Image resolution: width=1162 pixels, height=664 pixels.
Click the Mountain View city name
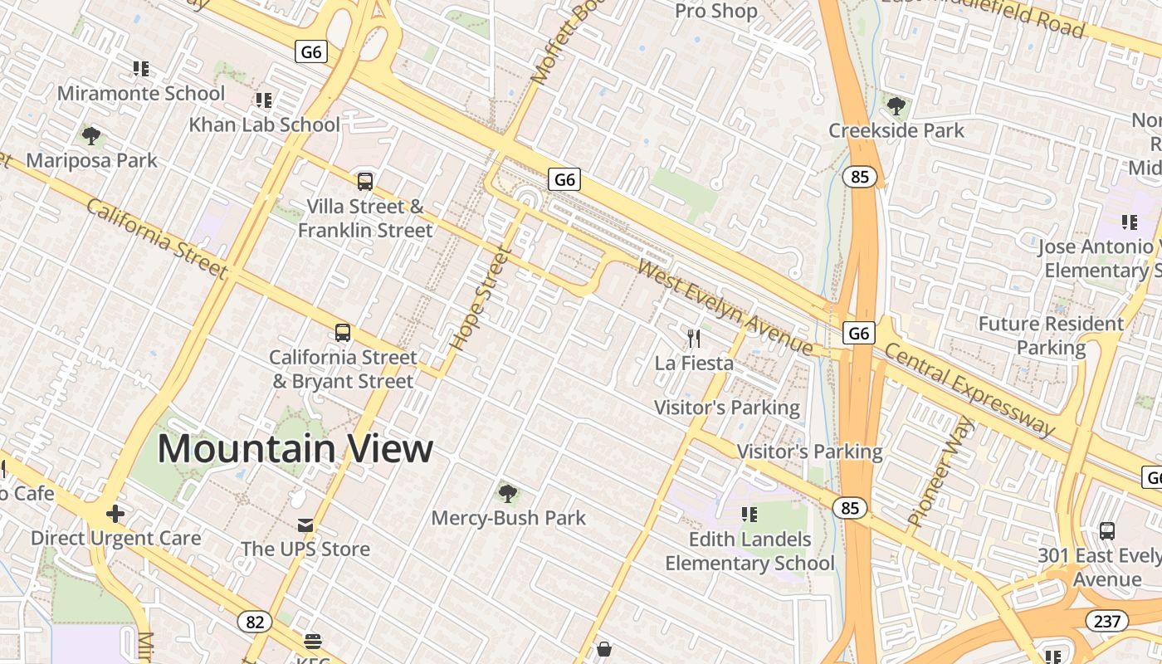[x=295, y=448]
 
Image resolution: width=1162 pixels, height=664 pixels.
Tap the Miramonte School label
[x=140, y=93]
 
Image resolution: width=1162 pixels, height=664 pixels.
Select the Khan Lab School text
[x=264, y=124]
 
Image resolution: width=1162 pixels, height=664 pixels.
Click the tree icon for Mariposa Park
[x=91, y=135]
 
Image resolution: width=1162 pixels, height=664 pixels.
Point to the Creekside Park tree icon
[x=896, y=105]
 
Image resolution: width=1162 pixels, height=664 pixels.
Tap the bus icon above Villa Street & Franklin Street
[x=364, y=181]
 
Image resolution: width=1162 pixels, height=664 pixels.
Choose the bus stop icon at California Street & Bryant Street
[x=343, y=333]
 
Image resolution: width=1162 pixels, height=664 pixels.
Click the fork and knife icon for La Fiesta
[x=694, y=338]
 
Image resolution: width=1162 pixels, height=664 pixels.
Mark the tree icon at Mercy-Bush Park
[x=507, y=494]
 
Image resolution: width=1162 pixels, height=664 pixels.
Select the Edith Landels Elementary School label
[x=749, y=551]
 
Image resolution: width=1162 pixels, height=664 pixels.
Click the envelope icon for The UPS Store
[x=305, y=525]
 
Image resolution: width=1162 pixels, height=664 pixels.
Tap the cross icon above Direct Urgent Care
[x=115, y=515]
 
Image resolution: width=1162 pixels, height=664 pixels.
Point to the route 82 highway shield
[x=254, y=621]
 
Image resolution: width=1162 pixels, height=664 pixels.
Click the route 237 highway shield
[x=1106, y=621]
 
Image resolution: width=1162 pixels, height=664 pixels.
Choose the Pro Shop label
[x=715, y=12]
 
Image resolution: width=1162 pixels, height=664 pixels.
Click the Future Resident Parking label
[x=1050, y=335]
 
